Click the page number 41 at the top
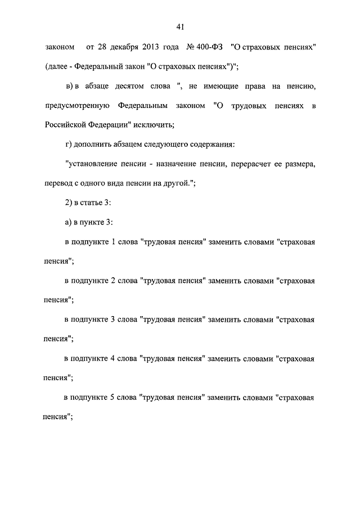click(180, 26)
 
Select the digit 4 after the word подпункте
click(114, 359)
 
